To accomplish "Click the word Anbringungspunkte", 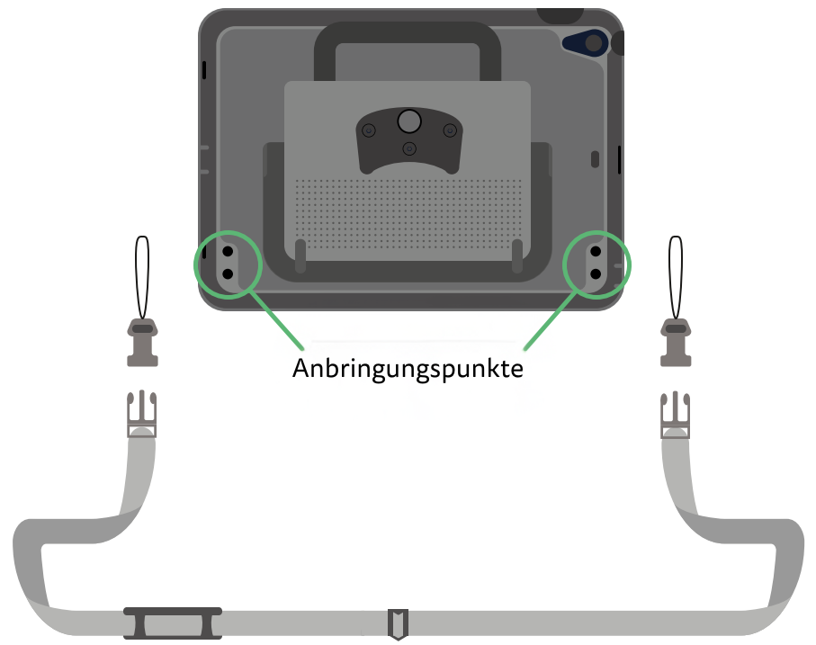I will click(408, 369).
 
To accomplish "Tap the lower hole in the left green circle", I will click(228, 273).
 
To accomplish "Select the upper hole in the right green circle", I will click(596, 252).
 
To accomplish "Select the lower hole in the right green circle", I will click(596, 273).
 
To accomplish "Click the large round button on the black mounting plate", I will click(409, 121).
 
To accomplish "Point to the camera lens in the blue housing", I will click(592, 41).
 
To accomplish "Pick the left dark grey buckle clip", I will click(142, 343).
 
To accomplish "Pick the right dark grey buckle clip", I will click(676, 343).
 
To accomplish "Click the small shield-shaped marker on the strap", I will click(397, 622).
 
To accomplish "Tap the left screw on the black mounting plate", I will click(369, 131).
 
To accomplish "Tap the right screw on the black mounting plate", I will click(449, 131).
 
